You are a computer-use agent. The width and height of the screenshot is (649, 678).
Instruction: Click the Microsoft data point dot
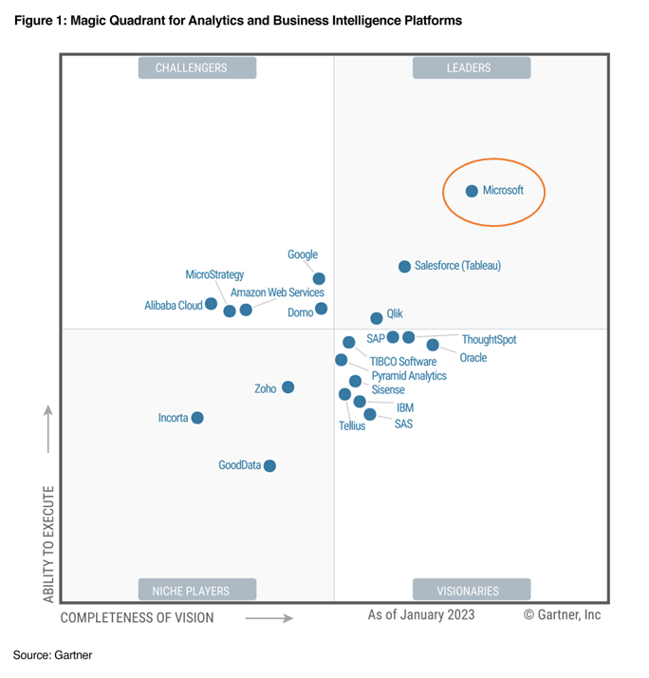(472, 191)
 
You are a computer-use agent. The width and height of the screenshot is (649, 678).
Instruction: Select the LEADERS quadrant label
(471, 67)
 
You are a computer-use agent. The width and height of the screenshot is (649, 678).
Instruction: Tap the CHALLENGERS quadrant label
(197, 67)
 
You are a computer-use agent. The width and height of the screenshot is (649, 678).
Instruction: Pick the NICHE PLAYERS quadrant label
(197, 590)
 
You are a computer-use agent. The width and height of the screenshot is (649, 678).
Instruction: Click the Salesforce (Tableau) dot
(404, 267)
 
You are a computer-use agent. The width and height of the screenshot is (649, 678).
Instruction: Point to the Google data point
(319, 278)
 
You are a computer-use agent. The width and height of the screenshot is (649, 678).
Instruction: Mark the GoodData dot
(269, 465)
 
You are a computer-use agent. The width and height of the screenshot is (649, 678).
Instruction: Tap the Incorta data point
(197, 418)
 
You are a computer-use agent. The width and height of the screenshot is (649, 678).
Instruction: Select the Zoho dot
(287, 386)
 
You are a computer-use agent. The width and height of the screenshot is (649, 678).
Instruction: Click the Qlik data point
(377, 318)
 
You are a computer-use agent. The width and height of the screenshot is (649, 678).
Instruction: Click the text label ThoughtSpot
(489, 339)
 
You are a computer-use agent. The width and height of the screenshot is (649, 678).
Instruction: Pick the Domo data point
(321, 309)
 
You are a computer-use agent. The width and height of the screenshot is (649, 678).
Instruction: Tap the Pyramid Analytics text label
(409, 376)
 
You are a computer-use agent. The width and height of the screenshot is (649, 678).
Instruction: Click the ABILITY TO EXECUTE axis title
(48, 543)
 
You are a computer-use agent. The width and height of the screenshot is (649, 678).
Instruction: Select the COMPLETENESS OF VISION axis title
(138, 617)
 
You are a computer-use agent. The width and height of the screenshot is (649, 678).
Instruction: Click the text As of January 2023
(421, 615)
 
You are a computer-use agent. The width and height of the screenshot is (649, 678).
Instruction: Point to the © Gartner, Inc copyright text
(562, 615)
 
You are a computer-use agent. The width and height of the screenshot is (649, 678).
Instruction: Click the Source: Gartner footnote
(52, 654)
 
